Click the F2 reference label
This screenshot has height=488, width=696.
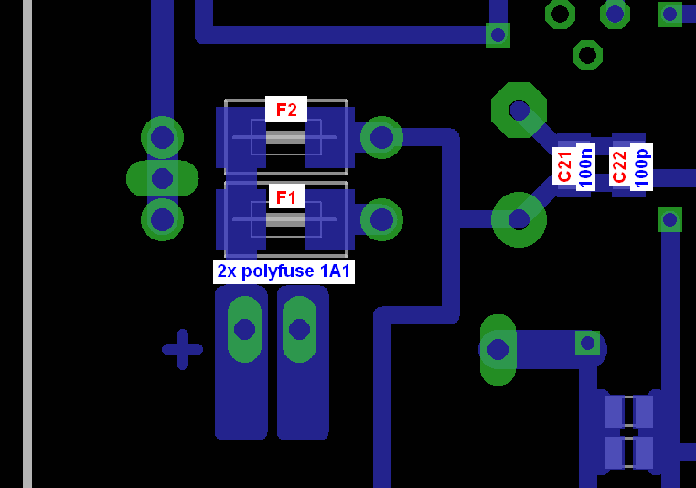[x=286, y=110]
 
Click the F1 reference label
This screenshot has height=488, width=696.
[x=286, y=197]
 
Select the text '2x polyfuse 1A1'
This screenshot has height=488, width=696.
[x=284, y=271]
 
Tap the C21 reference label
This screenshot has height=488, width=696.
[x=564, y=167]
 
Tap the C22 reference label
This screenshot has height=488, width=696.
[x=619, y=167]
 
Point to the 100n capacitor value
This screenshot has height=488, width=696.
[x=586, y=167]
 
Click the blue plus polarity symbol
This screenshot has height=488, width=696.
[x=182, y=350]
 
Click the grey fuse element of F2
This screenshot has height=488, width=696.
[x=285, y=137]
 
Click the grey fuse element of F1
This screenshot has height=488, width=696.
[x=285, y=220]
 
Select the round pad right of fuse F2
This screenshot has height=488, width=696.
[x=381, y=137]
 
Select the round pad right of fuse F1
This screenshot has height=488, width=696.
[x=381, y=219]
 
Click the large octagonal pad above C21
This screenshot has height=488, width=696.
[x=519, y=110]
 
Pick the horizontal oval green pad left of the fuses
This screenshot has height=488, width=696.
[x=163, y=178]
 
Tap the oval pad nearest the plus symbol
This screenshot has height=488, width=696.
[x=244, y=329]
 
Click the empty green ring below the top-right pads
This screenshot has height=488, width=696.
[x=588, y=56]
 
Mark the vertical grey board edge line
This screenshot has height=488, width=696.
[x=27, y=244]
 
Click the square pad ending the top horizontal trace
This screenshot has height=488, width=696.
[x=498, y=35]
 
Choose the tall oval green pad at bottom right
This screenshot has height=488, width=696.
[x=498, y=350]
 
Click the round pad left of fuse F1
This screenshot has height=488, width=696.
[x=163, y=219]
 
